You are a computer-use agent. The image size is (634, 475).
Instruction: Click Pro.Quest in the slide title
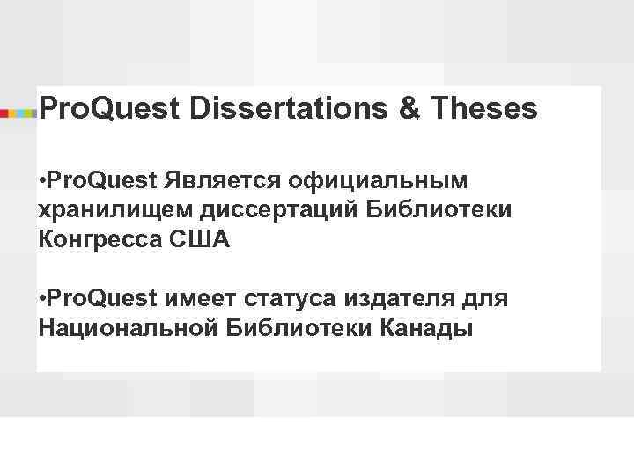(x=108, y=109)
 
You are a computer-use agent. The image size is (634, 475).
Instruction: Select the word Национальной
(x=129, y=328)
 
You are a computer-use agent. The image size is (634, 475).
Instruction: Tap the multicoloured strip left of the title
(x=18, y=112)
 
